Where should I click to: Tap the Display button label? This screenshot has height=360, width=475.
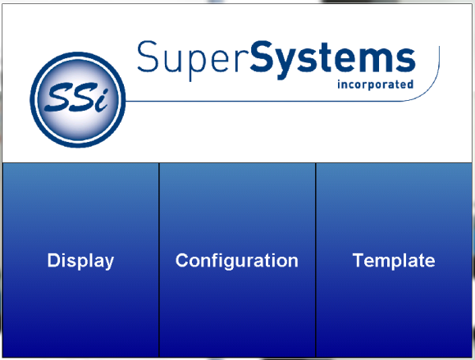tap(80, 261)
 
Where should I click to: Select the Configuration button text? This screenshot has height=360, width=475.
tap(237, 261)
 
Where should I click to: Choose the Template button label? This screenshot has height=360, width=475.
tap(394, 261)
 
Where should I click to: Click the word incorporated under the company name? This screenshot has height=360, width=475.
tap(376, 84)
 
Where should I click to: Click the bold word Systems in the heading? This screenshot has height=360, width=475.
tap(332, 60)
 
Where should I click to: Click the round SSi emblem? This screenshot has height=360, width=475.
tap(78, 99)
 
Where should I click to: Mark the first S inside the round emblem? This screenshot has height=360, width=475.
tap(57, 97)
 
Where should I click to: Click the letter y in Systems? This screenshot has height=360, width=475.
tap(287, 64)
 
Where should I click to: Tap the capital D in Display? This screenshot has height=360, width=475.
tap(53, 260)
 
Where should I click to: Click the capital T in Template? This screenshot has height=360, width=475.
tap(359, 260)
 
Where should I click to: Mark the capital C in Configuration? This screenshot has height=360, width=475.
tap(182, 260)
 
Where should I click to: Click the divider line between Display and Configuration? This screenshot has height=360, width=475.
tap(158, 261)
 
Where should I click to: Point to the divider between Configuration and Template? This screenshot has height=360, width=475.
tap(315, 261)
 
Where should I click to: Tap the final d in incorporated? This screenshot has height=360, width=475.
tap(410, 84)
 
